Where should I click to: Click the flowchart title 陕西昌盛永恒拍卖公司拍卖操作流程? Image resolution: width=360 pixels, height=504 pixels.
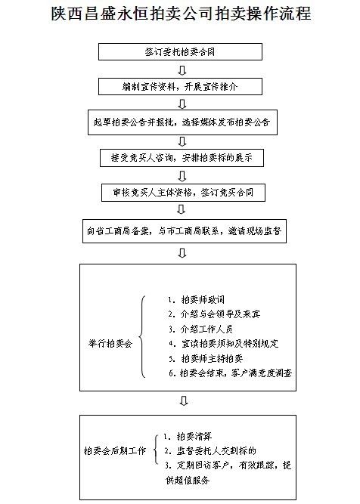[181, 14]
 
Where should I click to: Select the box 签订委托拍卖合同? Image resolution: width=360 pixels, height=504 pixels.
[180, 51]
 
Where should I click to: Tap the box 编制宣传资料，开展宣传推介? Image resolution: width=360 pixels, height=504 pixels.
[180, 86]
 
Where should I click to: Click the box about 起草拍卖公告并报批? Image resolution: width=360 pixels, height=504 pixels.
[182, 122]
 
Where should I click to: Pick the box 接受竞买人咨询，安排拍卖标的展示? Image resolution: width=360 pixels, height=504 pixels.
[182, 157]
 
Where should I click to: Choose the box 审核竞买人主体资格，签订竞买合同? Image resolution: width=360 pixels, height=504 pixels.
[183, 193]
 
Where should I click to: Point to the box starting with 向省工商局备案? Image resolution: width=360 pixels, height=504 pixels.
[185, 231]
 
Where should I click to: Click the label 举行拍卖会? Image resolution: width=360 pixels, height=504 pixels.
[110, 344]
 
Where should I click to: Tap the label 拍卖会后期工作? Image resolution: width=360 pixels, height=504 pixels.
[115, 450]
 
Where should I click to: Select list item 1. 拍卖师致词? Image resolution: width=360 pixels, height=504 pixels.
[196, 299]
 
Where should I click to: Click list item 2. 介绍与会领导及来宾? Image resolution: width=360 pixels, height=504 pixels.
[214, 314]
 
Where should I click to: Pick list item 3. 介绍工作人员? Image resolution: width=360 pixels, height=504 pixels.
[200, 329]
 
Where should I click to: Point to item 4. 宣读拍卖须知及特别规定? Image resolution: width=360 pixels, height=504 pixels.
[223, 344]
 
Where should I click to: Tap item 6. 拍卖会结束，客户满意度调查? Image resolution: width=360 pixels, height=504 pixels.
[231, 373]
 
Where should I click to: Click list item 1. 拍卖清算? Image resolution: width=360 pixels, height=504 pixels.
[188, 436]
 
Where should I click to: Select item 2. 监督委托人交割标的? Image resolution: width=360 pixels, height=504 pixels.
[210, 450]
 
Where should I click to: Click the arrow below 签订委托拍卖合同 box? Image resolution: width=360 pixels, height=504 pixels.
[182, 70]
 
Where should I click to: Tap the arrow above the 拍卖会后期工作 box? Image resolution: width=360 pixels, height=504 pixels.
[184, 401]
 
